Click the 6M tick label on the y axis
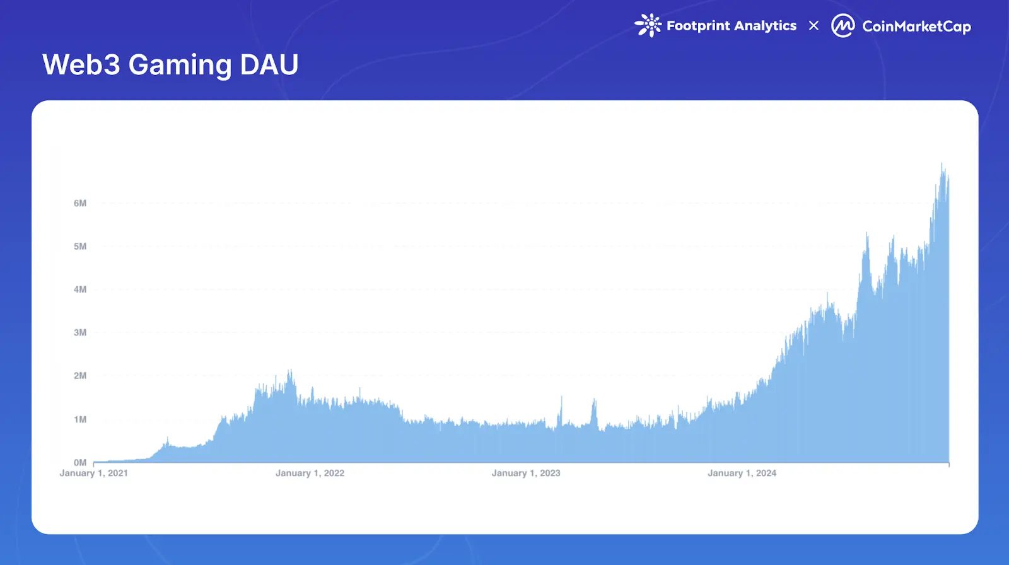coord(80,203)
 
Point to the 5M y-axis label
coord(80,246)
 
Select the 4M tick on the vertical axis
coord(80,289)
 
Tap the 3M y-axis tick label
coord(80,332)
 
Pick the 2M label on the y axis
coord(80,376)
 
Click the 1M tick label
coord(80,419)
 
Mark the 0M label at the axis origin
coord(80,462)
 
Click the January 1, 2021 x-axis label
coord(94,473)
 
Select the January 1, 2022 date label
coord(310,473)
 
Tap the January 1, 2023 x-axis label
coord(526,473)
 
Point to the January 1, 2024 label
coord(742,473)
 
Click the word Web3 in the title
coord(81,65)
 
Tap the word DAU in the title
coord(269,65)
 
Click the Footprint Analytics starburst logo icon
coord(648,25)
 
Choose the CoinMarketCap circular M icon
coord(843,26)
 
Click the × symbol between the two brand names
coord(814,26)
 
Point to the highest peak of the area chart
coord(942,165)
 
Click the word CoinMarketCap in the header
coord(916,26)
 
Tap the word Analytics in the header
coord(765,26)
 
